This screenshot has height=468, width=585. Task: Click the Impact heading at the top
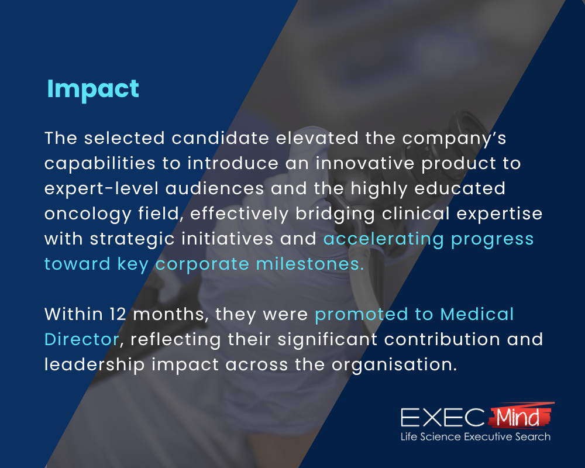pos(93,89)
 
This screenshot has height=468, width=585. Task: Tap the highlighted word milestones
pos(311,264)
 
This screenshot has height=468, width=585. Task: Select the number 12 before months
pos(119,314)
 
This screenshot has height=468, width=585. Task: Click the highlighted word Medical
pos(477,314)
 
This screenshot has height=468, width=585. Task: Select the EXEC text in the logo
pos(442,418)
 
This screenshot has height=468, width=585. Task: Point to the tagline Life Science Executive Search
pos(475,437)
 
